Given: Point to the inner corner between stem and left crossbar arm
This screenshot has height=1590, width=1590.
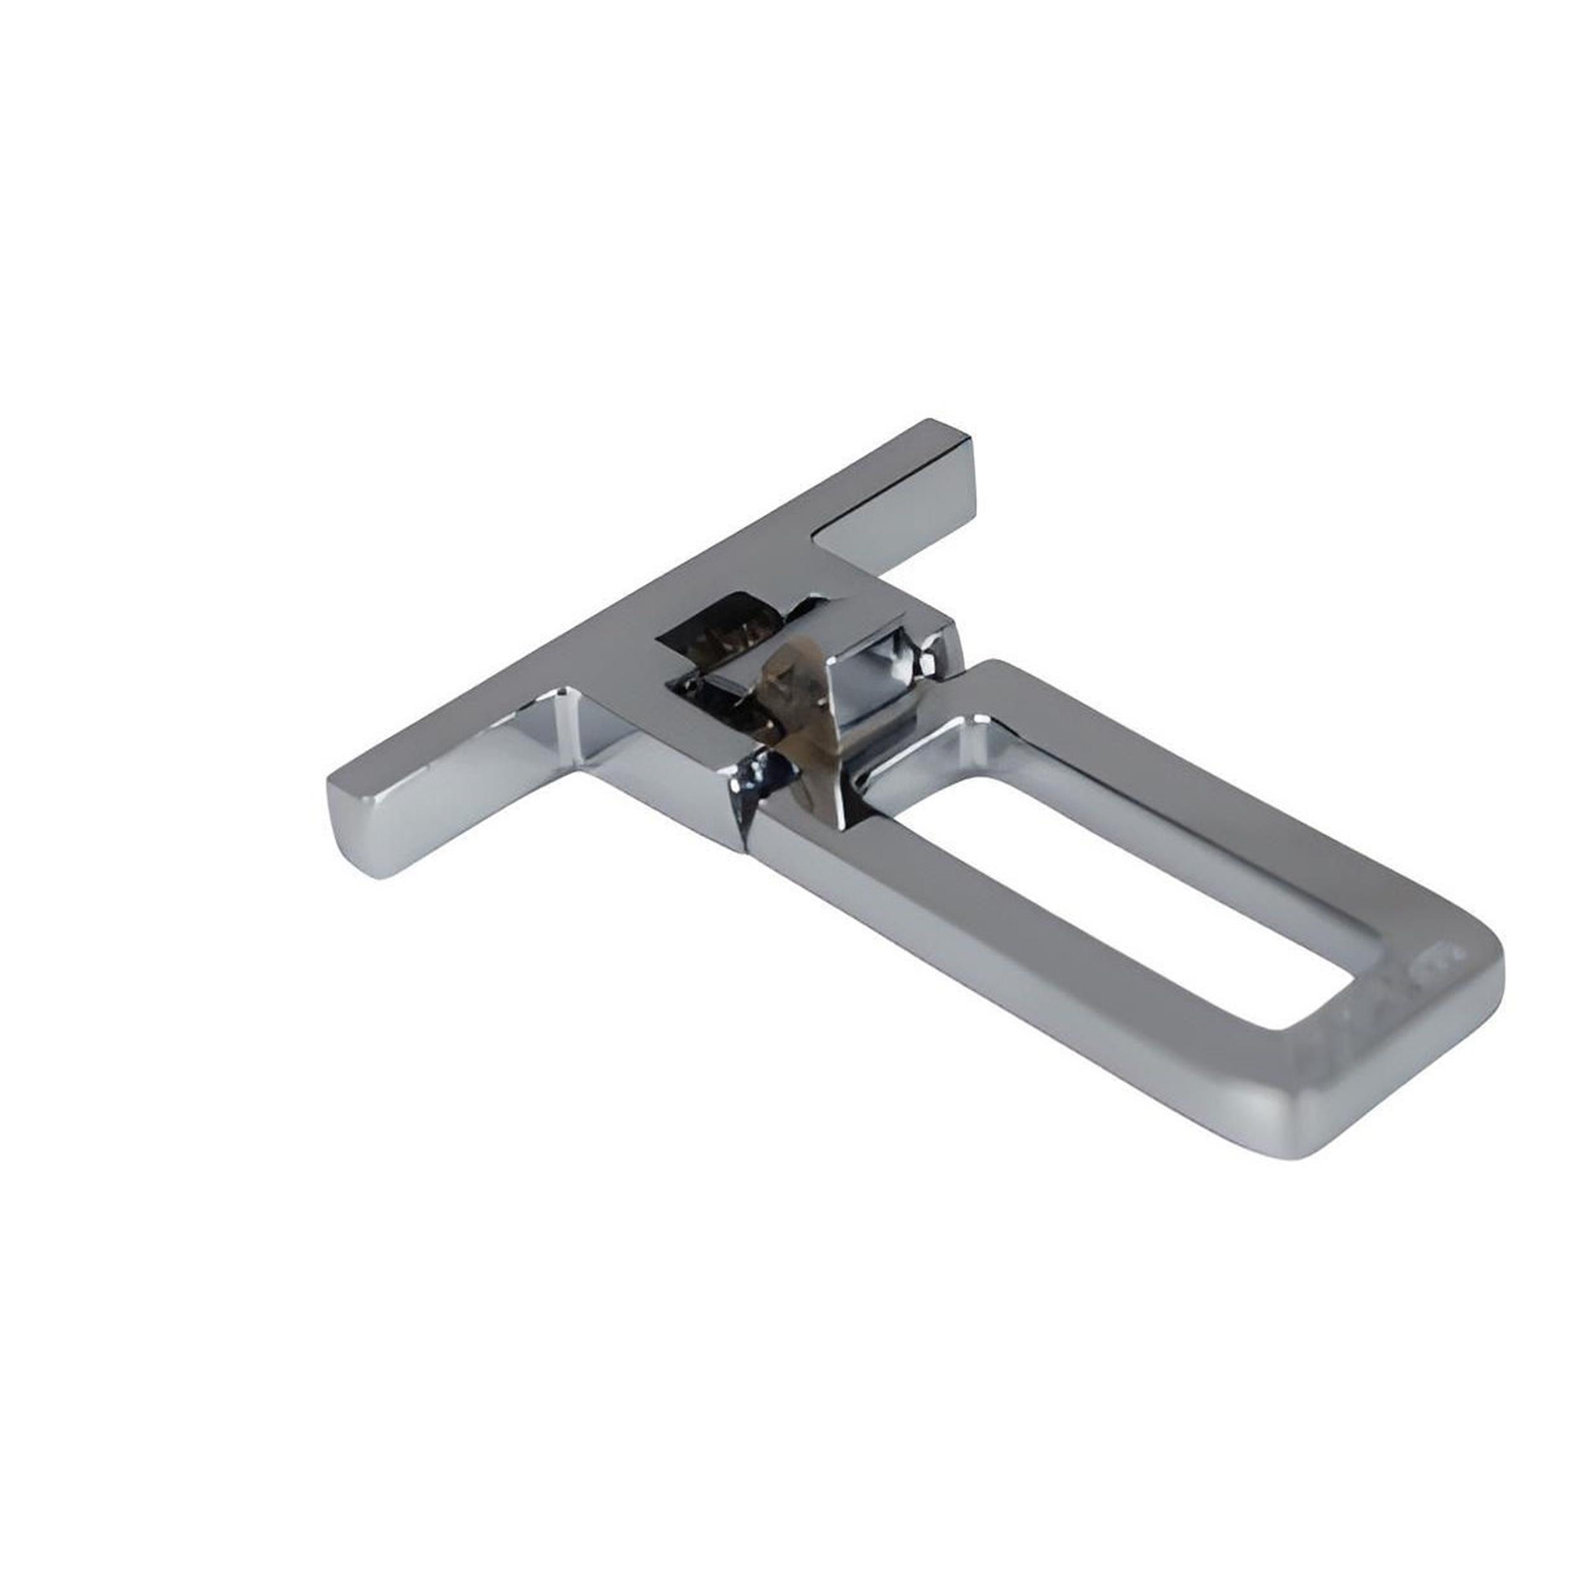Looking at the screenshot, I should click(576, 724).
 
